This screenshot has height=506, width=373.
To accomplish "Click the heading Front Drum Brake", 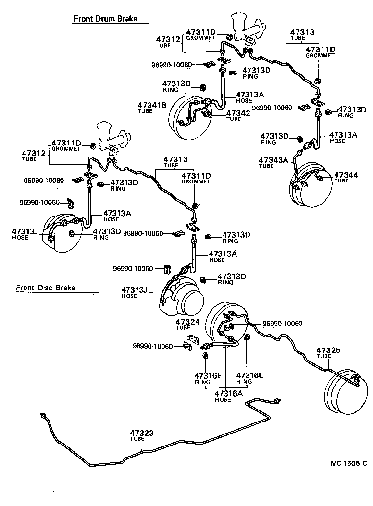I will (x=105, y=19).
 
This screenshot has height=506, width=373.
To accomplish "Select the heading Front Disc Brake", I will (x=45, y=288).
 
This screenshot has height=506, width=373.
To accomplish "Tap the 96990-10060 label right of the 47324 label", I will (x=282, y=324).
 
